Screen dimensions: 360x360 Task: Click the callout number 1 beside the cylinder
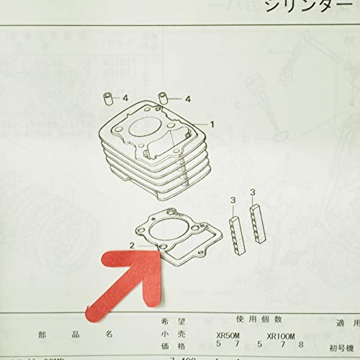coord(212,125)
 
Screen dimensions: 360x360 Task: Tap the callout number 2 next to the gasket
coord(132,245)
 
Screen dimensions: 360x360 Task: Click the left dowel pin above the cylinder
coord(109,98)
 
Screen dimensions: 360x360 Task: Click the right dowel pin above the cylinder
coord(163,98)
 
